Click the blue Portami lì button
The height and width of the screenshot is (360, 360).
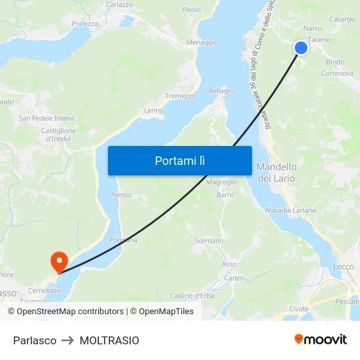(179, 160)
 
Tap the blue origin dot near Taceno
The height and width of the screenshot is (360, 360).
(300, 47)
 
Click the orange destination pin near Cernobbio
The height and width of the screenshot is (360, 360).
(59, 261)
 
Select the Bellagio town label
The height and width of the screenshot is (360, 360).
(221, 91)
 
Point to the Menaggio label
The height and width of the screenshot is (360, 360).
(202, 43)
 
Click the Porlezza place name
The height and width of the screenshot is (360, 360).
(84, 24)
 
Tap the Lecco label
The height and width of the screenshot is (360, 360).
(343, 266)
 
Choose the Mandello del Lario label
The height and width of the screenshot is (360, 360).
(276, 173)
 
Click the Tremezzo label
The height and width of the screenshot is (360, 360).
(180, 96)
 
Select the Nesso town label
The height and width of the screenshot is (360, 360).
(122, 194)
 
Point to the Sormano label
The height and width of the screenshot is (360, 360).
(209, 241)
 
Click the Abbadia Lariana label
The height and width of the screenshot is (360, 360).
(290, 210)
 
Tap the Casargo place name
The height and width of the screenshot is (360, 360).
(342, 20)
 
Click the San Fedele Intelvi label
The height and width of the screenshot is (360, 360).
(45, 118)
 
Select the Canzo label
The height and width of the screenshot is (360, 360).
(234, 278)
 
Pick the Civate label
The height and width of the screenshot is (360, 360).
(298, 308)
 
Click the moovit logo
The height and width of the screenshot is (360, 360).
(320, 340)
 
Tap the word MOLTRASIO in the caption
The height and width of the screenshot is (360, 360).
(109, 340)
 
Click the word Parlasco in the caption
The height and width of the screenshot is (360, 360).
(35, 340)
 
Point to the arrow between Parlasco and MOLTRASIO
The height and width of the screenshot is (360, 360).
(68, 340)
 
